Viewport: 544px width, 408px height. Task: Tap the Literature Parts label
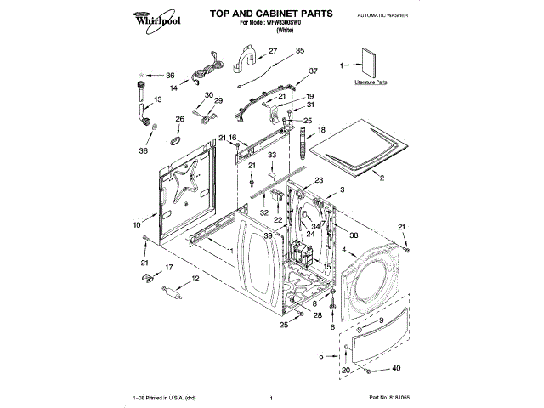coord(371,83)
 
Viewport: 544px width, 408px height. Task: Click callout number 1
coord(343,65)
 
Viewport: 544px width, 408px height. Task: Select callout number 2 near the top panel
coord(382,178)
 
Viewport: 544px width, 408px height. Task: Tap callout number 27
coord(273,51)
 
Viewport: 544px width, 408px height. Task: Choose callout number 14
coord(173,87)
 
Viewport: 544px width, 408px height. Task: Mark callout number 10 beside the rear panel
coord(136,225)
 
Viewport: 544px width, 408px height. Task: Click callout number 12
coord(195,279)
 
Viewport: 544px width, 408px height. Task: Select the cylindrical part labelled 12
coord(173,293)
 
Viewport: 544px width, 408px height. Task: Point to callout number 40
coord(396,369)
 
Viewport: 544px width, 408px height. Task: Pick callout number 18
coord(321,131)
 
